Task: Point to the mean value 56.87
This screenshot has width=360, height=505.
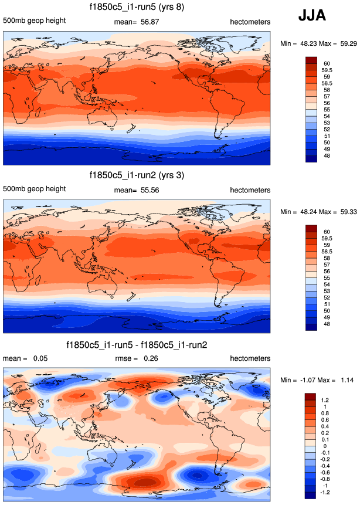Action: pyautogui.click(x=150, y=22)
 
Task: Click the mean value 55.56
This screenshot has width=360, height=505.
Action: pyautogui.click(x=150, y=191)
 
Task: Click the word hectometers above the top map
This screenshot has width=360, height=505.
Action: pyautogui.click(x=250, y=22)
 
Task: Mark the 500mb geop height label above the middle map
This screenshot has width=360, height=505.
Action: pyautogui.click(x=34, y=190)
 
